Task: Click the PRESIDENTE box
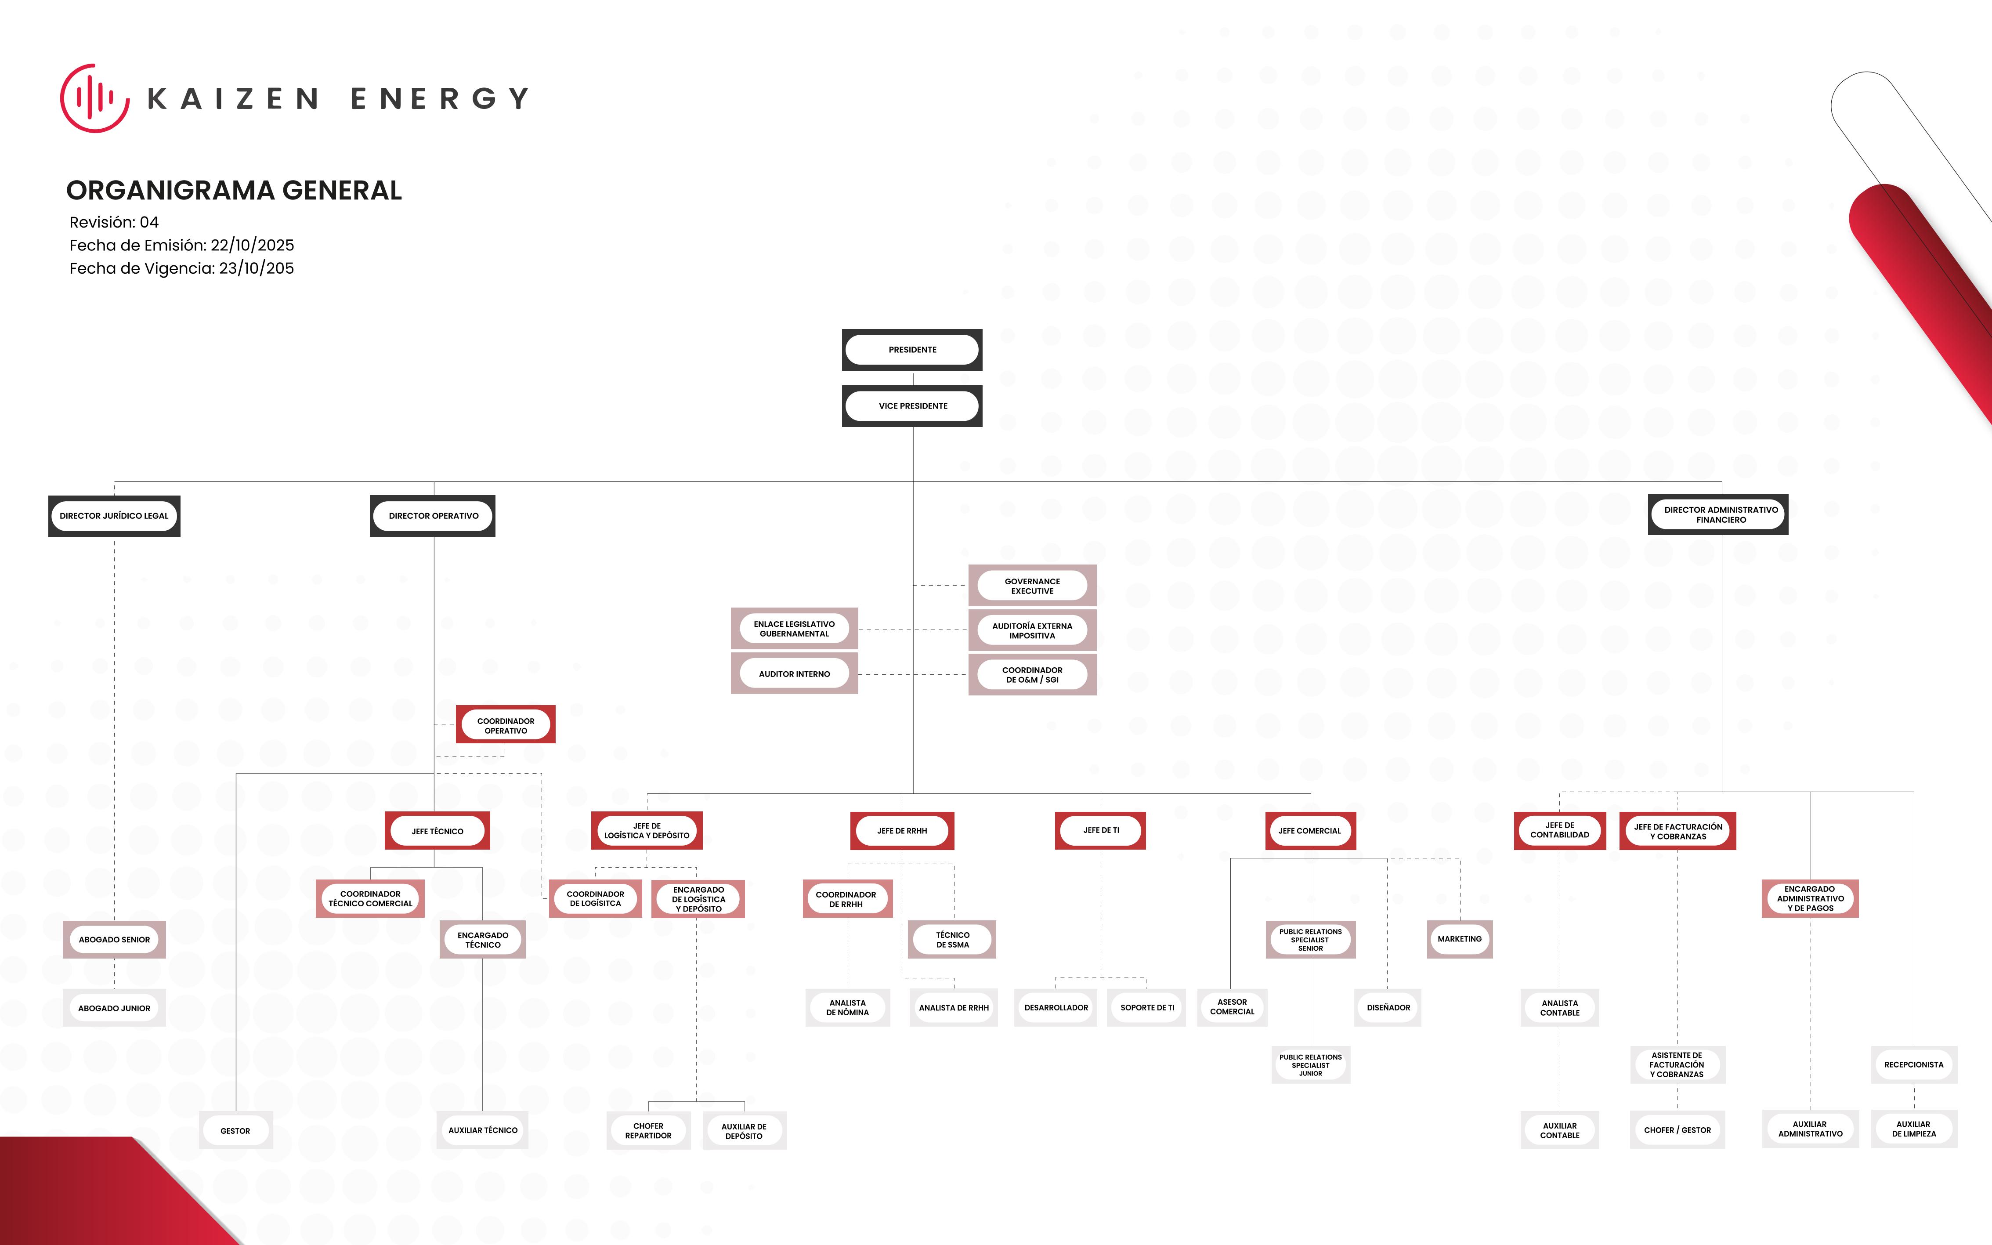(x=912, y=350)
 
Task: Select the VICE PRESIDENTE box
(x=912, y=406)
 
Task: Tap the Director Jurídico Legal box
(x=114, y=516)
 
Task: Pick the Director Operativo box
(x=433, y=516)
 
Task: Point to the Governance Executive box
(x=1032, y=586)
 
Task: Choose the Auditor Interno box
(x=794, y=673)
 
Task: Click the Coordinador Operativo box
(x=506, y=724)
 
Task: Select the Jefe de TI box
(x=1100, y=831)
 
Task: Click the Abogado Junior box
(x=114, y=1008)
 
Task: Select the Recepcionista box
(x=1914, y=1065)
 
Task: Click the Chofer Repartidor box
(x=649, y=1130)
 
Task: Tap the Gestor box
(x=235, y=1130)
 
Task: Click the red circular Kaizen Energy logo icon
(x=95, y=98)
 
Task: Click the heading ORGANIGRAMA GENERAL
(x=234, y=190)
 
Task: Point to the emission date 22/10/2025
(x=252, y=246)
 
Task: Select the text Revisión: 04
(x=114, y=222)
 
